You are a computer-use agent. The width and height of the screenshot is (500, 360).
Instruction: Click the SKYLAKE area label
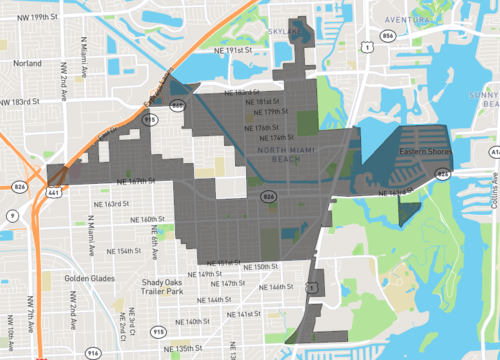click(282, 32)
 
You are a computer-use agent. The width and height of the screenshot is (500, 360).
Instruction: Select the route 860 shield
click(177, 104)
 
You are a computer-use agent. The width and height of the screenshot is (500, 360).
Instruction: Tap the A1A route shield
click(494, 151)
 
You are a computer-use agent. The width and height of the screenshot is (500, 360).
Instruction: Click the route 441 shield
click(52, 190)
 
